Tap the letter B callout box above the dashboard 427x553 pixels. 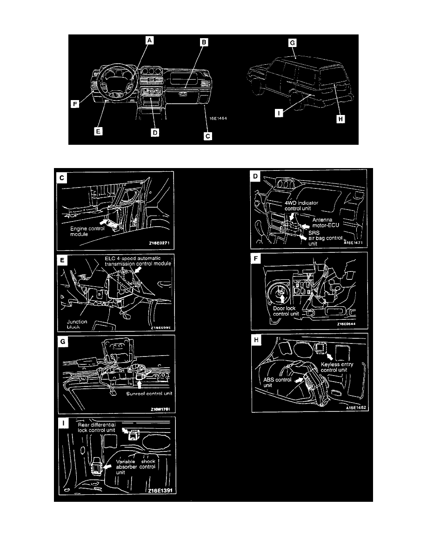[x=204, y=42]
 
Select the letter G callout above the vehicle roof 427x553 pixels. [x=292, y=42]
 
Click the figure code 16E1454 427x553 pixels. [x=218, y=118]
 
